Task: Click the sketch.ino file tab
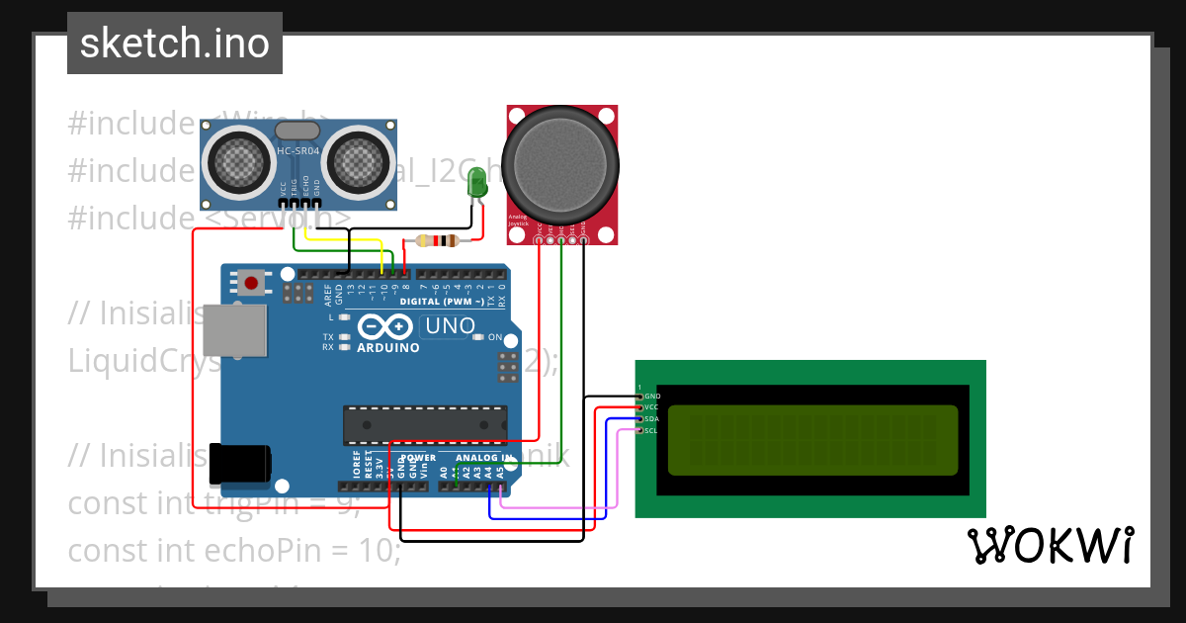pos(175,44)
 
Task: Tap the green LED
pos(477,184)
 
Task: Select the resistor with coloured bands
pos(436,240)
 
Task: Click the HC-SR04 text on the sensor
pos(297,151)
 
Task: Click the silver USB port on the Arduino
pos(234,329)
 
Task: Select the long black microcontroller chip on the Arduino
pos(424,424)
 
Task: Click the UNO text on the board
pos(450,325)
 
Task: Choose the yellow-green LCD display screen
pos(812,440)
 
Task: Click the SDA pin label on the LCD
pos(651,418)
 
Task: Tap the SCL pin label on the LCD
pos(651,430)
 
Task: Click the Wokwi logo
pos(1050,546)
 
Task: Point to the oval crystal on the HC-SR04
pos(297,130)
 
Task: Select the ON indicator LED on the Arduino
pos(478,337)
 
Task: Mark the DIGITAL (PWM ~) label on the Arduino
pos(441,302)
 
